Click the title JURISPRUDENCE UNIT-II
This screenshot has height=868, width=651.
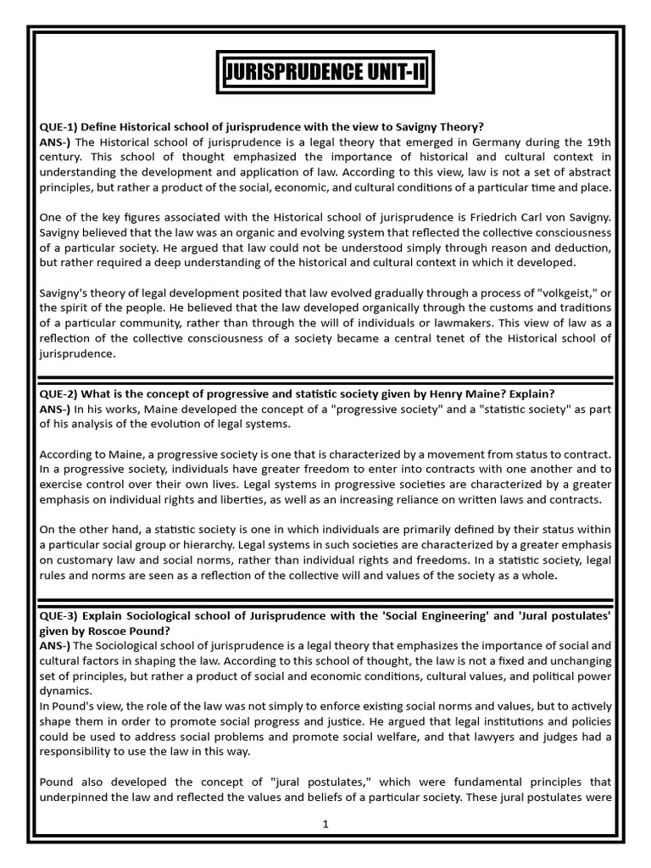tap(325, 75)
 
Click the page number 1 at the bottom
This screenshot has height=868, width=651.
tap(325, 825)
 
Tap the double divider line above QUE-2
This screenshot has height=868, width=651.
tap(325, 378)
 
